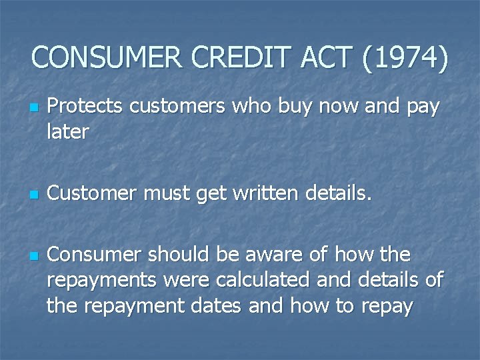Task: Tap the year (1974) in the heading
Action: (405, 59)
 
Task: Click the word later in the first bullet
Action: (67, 131)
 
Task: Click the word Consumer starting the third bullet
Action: (97, 255)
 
